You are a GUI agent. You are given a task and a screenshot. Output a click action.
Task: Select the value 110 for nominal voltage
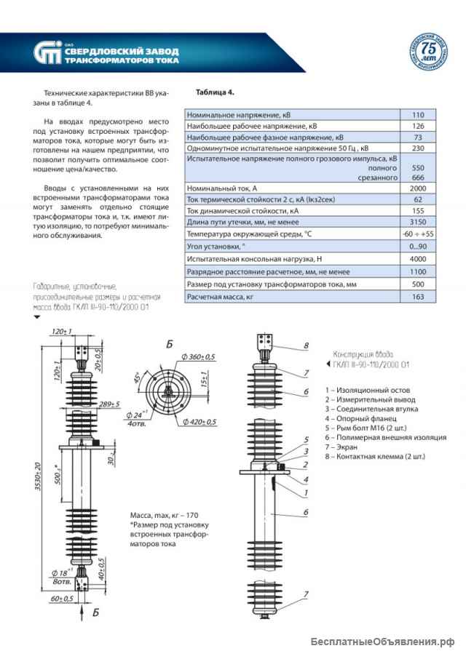point(418,115)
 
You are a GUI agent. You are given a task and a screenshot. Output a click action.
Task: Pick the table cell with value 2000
point(418,188)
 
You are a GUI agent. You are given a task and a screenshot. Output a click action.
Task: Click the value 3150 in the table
point(418,222)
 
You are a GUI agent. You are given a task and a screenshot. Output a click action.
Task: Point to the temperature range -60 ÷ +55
point(418,234)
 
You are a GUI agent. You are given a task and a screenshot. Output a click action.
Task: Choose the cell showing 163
point(418,297)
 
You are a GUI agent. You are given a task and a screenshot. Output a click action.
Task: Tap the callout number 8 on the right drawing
point(307,345)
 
